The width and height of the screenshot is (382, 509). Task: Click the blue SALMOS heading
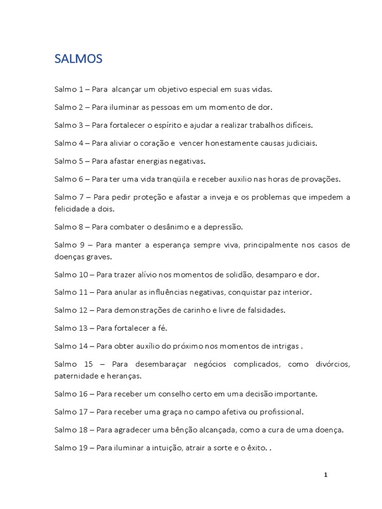coord(79,59)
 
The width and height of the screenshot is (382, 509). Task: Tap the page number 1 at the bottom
coord(325,475)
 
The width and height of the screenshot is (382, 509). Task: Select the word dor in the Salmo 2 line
coord(266,107)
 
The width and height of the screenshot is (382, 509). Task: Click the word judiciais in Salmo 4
coord(299,143)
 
